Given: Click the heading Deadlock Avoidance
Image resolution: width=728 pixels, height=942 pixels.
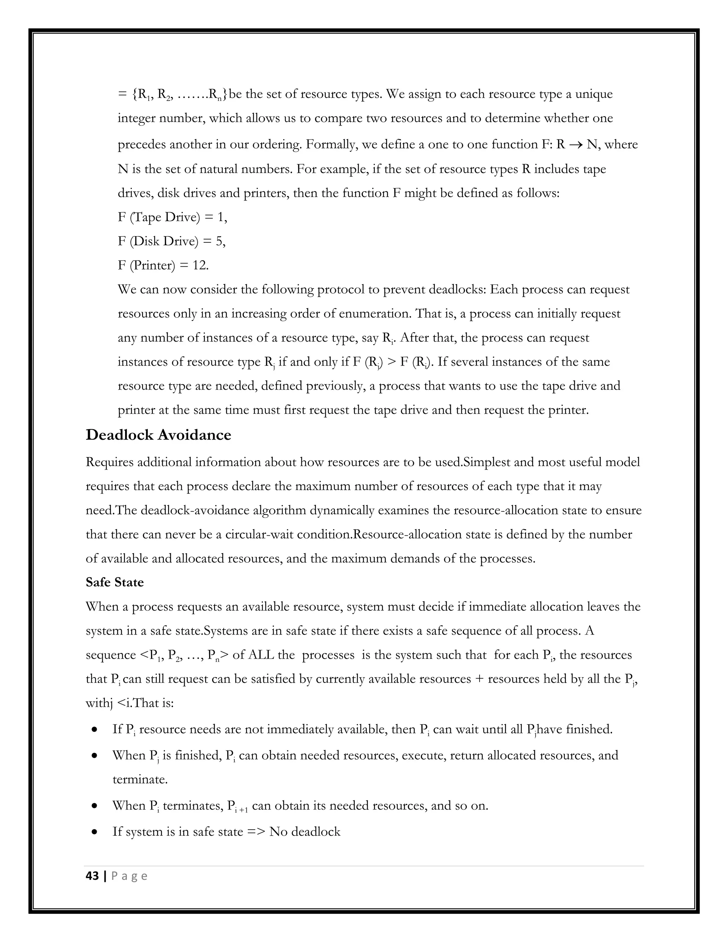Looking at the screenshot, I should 158,435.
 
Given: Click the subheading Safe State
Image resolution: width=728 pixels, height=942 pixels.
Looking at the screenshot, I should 115,582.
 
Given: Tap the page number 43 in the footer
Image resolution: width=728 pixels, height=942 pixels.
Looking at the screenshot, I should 92,876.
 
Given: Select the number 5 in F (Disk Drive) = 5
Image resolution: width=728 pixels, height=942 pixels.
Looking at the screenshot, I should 220,241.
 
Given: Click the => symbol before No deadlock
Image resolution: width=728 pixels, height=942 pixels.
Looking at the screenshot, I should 256,831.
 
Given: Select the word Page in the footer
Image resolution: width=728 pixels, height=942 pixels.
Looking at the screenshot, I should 129,876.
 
